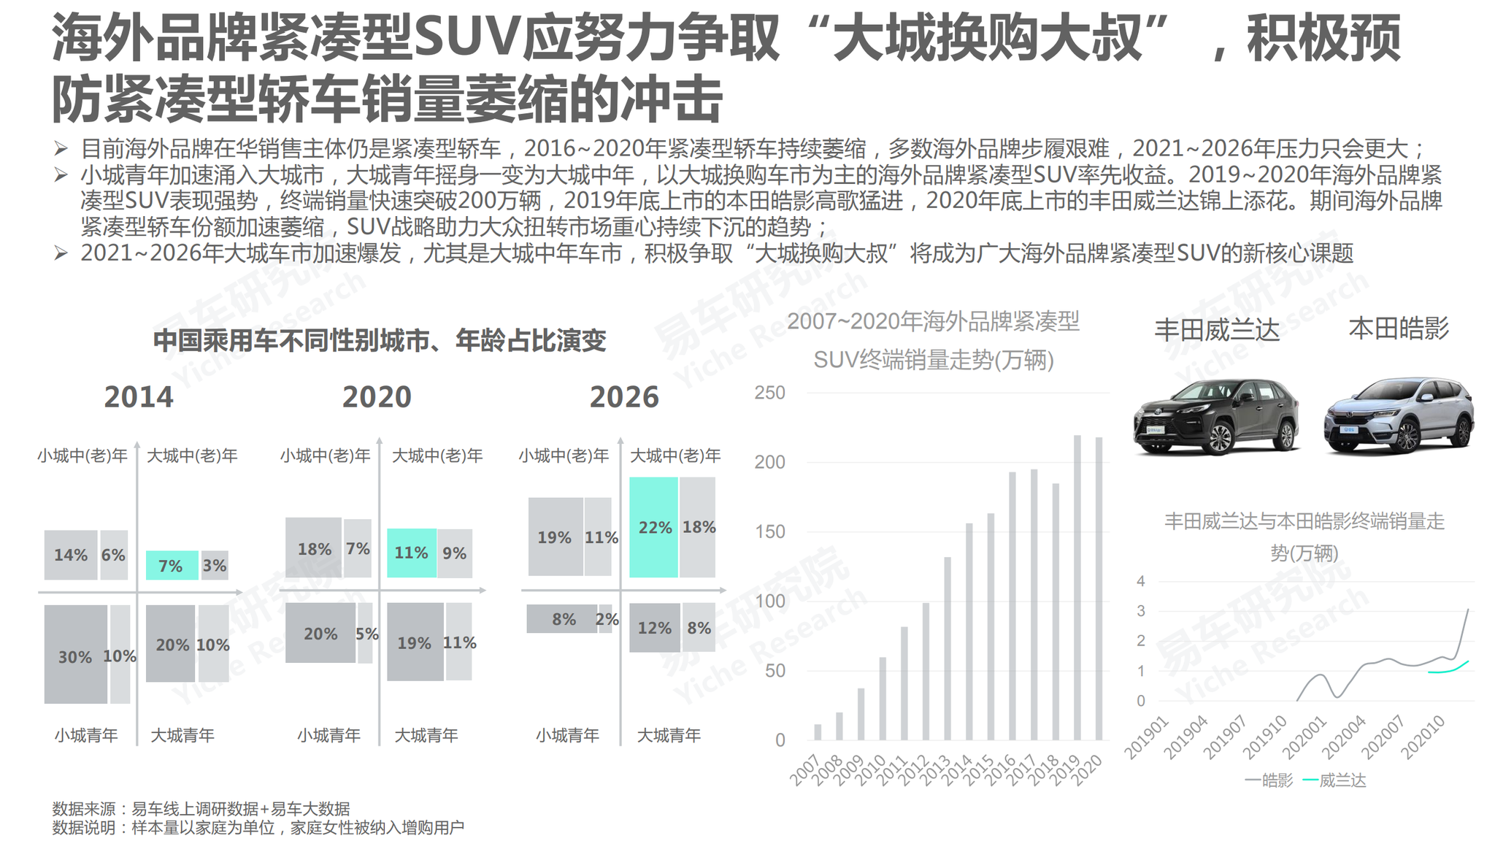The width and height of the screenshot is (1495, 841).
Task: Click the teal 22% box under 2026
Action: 653,527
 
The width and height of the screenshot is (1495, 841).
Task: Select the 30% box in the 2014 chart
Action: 75,654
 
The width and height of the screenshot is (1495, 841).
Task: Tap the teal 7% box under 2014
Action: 172,565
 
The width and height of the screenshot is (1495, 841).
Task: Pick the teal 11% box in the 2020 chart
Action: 411,553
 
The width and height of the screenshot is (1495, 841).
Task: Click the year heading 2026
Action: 623,397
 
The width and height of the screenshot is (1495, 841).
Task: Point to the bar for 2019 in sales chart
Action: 1077,588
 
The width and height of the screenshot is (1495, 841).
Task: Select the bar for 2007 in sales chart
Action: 818,731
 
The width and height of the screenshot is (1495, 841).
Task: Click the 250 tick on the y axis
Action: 769,393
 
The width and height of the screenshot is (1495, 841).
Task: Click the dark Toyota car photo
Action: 1215,416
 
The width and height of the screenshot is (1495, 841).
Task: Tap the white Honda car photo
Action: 1398,416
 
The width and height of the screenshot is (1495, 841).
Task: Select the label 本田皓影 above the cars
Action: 1398,329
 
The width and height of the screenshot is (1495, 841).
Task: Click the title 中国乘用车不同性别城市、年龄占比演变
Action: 380,340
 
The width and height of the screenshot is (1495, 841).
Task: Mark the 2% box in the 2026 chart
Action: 606,619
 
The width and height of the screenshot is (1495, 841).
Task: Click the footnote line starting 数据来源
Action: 201,808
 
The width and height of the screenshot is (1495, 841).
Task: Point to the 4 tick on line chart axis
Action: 1141,581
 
